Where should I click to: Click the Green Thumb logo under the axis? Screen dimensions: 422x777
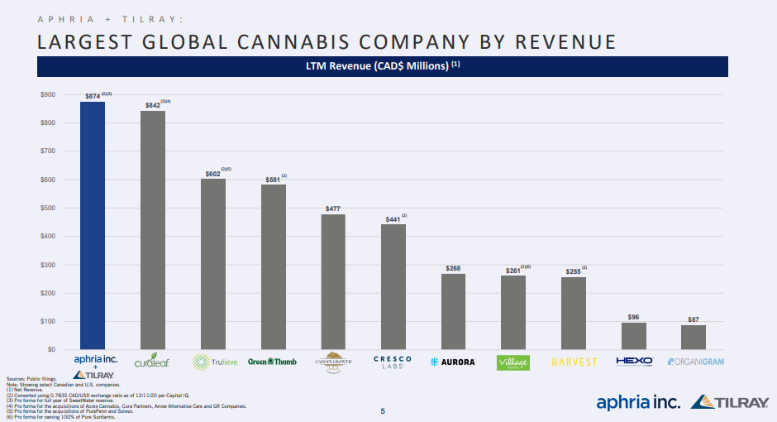pos(273,362)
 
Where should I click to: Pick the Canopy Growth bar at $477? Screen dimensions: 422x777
pos(333,281)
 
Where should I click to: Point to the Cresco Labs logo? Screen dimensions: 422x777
pos(393,362)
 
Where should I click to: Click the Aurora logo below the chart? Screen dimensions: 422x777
pos(453,362)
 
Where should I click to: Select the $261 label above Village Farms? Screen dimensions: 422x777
pos(512,271)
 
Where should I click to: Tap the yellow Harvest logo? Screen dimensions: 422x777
pos(574,362)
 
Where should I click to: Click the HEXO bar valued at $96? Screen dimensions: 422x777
pos(633,335)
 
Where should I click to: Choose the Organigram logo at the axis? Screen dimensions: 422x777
pos(694,362)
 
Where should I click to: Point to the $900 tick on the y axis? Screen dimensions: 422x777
pos(48,94)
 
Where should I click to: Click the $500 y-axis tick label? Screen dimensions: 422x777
pos(48,208)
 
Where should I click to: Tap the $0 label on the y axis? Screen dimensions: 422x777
pos(51,349)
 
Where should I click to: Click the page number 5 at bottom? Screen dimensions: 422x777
pos(382,411)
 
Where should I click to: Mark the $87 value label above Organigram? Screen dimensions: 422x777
pos(693,319)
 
